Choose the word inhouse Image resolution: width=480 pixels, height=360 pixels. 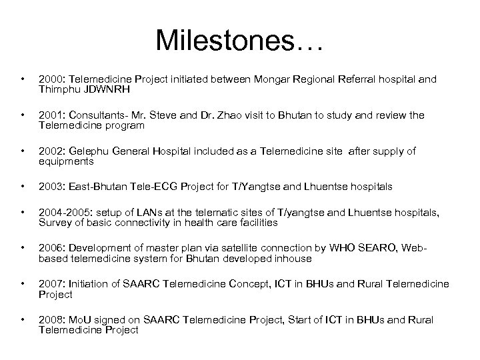tap(291, 259)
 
